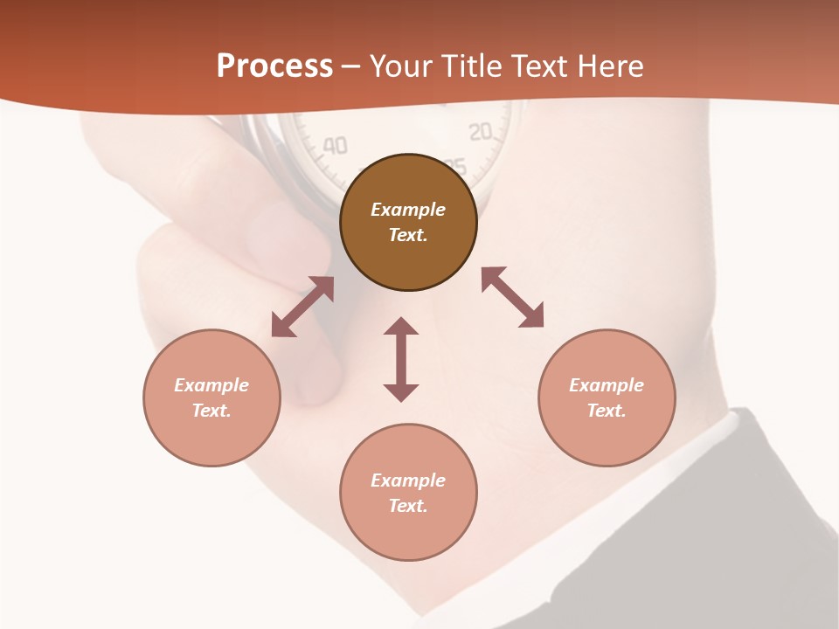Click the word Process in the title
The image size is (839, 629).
click(x=274, y=66)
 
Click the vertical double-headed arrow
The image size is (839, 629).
click(x=401, y=359)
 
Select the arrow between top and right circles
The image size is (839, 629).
click(x=512, y=297)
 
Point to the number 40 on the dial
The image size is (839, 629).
click(x=335, y=145)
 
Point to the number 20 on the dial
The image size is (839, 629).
click(x=481, y=132)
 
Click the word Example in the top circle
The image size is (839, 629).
click(x=408, y=210)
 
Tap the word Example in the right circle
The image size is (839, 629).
click(x=607, y=385)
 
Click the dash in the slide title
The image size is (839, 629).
click(x=351, y=66)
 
